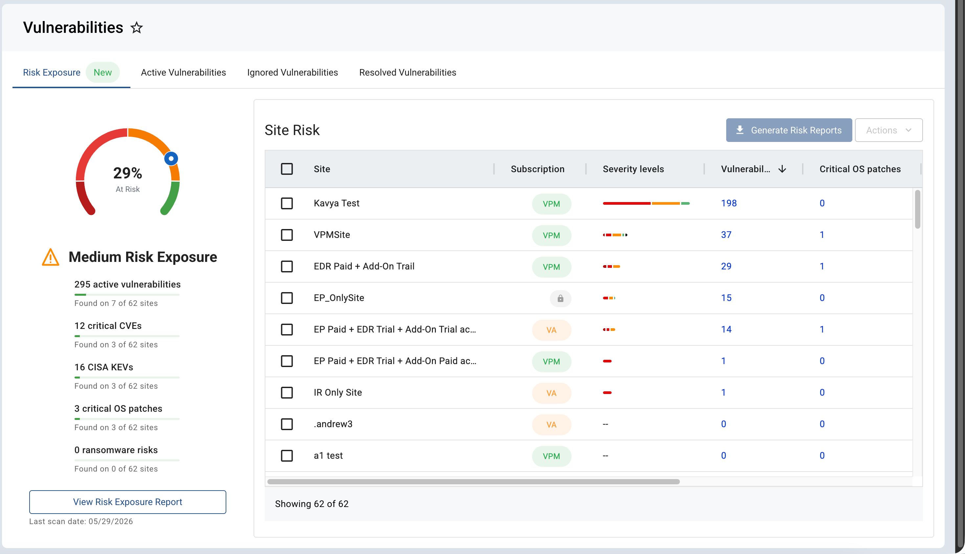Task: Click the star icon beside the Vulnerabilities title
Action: (137, 28)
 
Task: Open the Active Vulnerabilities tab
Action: (183, 72)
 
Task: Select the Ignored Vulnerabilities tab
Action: (292, 72)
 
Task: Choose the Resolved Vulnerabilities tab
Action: (408, 72)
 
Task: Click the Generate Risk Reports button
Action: (789, 130)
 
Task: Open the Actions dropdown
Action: (888, 130)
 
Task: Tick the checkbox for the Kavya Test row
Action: (287, 203)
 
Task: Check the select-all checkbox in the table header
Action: (287, 169)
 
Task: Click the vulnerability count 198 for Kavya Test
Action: (729, 203)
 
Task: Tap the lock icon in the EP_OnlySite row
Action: (560, 298)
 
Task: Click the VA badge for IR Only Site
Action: (551, 393)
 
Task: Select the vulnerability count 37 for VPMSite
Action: (726, 235)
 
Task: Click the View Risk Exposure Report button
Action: (128, 502)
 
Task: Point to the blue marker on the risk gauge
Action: (171, 158)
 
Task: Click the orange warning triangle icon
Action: (51, 257)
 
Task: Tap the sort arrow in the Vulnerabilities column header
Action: (782, 169)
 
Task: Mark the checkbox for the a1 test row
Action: (287, 455)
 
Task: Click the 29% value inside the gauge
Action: (128, 173)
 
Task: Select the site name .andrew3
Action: (333, 424)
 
